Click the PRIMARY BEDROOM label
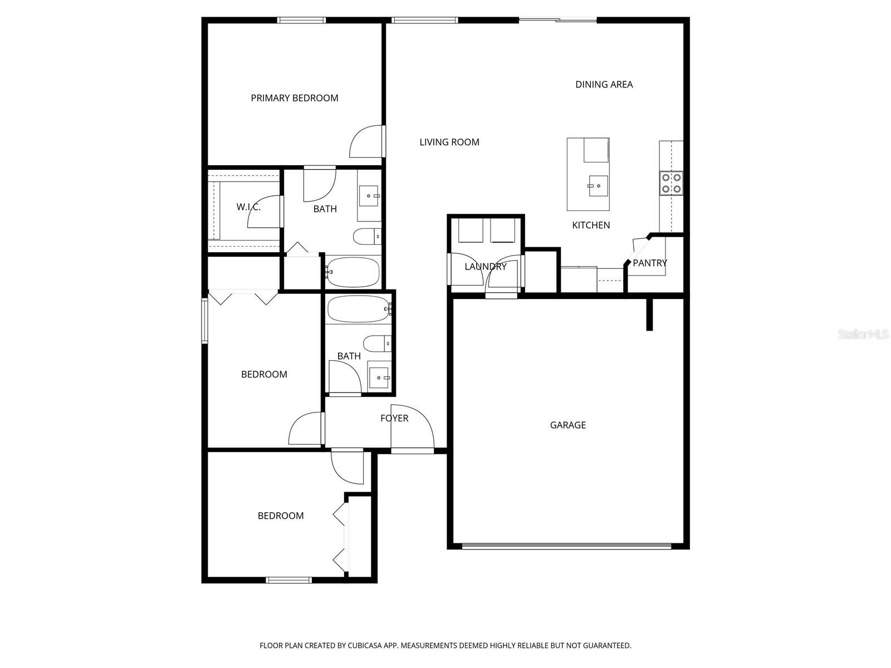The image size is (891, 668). pyautogui.click(x=294, y=98)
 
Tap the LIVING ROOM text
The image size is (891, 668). pyautogui.click(x=449, y=142)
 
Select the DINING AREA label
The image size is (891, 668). pyautogui.click(x=604, y=85)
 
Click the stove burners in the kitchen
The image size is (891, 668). pyautogui.click(x=671, y=183)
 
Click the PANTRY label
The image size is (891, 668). pyautogui.click(x=649, y=263)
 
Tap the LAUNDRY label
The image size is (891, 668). pyautogui.click(x=485, y=267)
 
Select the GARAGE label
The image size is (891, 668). pyautogui.click(x=567, y=425)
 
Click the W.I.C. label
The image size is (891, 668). pyautogui.click(x=248, y=207)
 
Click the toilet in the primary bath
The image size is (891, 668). pyautogui.click(x=367, y=237)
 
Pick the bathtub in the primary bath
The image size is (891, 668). pyautogui.click(x=353, y=272)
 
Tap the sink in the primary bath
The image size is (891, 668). pyautogui.click(x=368, y=196)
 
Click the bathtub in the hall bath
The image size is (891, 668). pyautogui.click(x=358, y=308)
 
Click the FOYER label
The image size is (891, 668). pyautogui.click(x=394, y=418)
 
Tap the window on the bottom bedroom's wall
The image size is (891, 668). pyautogui.click(x=288, y=580)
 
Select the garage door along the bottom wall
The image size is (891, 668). pyautogui.click(x=567, y=547)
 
